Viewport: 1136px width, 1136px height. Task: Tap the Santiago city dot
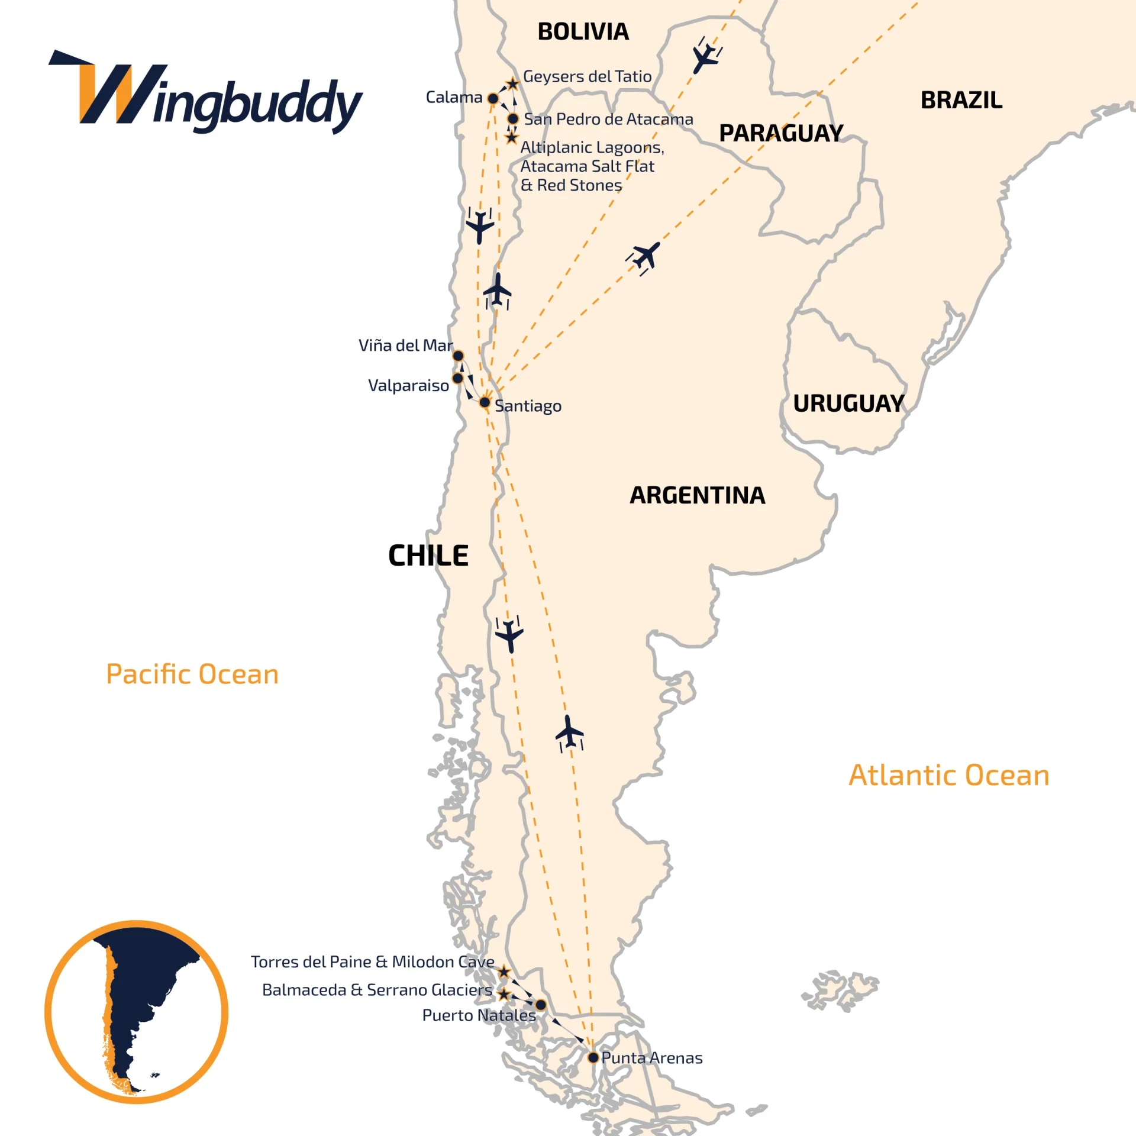point(485,403)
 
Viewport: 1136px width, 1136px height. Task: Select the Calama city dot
point(493,98)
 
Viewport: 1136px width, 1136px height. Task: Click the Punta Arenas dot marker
point(593,1057)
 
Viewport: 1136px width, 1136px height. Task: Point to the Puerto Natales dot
point(541,1005)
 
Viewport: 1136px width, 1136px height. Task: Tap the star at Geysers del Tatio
point(512,84)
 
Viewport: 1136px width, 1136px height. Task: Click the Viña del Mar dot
point(458,356)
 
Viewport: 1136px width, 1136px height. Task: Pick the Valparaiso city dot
point(457,378)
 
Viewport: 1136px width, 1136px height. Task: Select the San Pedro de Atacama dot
point(513,119)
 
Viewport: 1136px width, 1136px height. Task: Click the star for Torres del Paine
point(504,972)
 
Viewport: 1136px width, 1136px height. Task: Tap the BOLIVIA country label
point(583,32)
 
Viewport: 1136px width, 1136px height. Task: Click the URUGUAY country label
point(848,404)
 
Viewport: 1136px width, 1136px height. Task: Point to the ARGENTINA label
point(697,495)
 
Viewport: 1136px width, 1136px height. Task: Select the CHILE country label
point(428,556)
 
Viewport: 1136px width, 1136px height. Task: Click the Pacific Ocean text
point(192,674)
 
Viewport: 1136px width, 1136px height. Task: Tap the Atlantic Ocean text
point(949,775)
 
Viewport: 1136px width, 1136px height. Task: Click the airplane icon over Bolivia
point(705,56)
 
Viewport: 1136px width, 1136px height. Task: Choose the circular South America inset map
point(137,1012)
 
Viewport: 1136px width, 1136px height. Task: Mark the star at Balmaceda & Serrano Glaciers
point(504,994)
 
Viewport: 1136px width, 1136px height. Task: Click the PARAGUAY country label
point(781,133)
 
